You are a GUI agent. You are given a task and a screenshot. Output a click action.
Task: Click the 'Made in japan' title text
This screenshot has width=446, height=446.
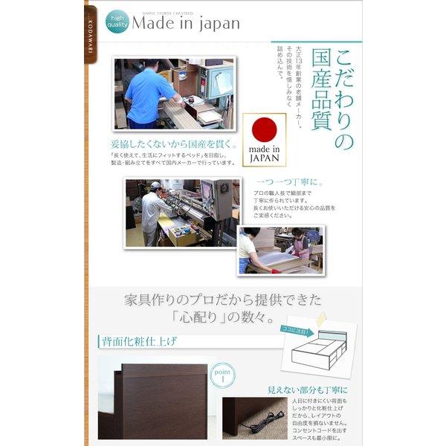[x=186, y=24]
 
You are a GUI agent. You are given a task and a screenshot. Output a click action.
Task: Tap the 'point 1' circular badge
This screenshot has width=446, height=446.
[x=222, y=376]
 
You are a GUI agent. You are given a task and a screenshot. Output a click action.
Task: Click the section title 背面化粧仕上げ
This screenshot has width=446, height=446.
[x=137, y=342]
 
